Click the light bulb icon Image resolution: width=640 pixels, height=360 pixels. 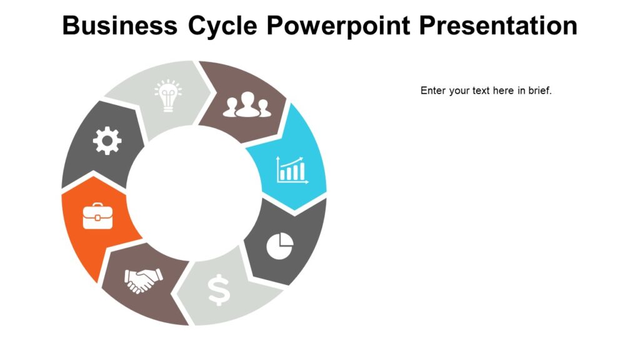coord(168,96)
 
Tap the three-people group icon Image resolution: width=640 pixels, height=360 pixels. coord(247,105)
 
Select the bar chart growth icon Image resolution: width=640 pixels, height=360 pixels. coord(292,169)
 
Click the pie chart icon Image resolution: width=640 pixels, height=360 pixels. coord(280,246)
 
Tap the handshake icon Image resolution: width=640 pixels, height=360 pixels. coord(143,280)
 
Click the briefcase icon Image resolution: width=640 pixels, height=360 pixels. coord(97,216)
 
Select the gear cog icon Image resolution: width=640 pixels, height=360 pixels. coord(107,141)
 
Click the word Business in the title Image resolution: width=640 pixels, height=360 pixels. coord(119,26)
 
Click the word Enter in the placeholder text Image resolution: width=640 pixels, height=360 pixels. coord(432,91)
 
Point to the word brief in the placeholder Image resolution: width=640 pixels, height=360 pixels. coord(539,91)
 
